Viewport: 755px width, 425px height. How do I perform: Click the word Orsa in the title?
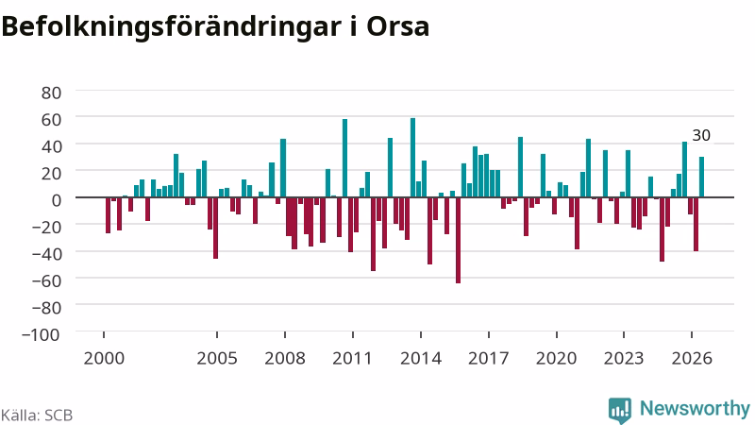click(x=397, y=26)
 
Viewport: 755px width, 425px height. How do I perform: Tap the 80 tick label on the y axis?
click(x=52, y=93)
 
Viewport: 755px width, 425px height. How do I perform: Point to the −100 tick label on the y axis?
click(x=41, y=334)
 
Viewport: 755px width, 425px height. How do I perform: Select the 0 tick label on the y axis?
click(x=57, y=200)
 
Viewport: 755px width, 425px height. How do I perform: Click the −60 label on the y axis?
click(x=46, y=280)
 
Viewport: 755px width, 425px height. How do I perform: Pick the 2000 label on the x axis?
click(x=104, y=359)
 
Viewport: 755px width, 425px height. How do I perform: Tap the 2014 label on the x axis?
click(x=421, y=359)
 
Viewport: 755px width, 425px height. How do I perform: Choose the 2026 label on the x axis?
click(x=692, y=359)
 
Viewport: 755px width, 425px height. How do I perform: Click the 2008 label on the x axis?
click(x=285, y=359)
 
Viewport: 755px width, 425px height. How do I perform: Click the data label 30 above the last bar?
click(x=701, y=135)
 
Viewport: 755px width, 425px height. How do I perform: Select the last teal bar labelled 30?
click(x=701, y=177)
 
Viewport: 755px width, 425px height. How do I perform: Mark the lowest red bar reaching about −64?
click(x=458, y=241)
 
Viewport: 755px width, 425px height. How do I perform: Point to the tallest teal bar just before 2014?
click(x=412, y=158)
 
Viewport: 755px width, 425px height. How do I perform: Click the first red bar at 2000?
click(x=108, y=215)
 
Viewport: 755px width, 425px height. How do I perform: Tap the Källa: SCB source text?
click(x=37, y=415)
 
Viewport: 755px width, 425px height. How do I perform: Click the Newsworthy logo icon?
click(x=620, y=410)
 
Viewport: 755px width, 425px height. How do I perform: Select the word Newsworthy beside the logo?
click(x=695, y=409)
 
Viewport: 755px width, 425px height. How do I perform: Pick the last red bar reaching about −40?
click(x=696, y=224)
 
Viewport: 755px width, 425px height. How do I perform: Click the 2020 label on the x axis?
click(x=557, y=359)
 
